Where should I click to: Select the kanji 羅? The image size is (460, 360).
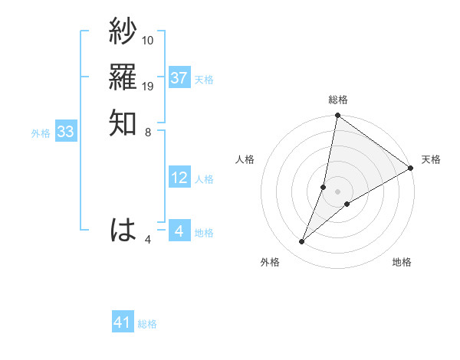[123, 77]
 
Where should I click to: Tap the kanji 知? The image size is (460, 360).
[123, 123]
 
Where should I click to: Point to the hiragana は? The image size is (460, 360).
[123, 230]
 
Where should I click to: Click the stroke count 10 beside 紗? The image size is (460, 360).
[148, 39]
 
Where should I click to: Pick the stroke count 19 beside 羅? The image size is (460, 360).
[148, 86]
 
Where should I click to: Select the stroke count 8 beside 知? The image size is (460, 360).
[148, 132]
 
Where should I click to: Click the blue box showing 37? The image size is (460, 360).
[179, 77]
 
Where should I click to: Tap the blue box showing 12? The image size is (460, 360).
[179, 178]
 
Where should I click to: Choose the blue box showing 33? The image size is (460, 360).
[65, 132]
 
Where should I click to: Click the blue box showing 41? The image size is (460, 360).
[123, 322]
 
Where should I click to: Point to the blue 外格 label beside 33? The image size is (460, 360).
[41, 133]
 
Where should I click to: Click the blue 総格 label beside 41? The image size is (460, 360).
[147, 324]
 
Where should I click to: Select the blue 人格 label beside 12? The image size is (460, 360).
[204, 179]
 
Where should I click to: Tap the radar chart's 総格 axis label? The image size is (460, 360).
[338, 100]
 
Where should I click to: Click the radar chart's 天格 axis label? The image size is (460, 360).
[431, 159]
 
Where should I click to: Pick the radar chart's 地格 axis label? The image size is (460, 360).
[402, 262]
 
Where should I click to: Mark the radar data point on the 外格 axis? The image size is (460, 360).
[302, 242]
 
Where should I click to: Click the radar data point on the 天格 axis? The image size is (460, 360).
[411, 168]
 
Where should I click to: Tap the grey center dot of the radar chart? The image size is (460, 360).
[338, 191]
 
